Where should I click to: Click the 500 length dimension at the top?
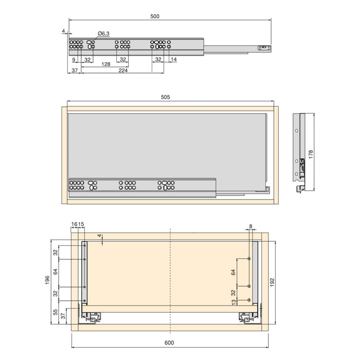coord(155,16)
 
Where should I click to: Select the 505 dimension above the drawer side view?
coord(165,97)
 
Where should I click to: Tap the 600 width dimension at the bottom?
coord(170,343)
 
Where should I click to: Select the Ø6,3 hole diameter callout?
coord(104,33)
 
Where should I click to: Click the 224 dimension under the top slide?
coord(123,70)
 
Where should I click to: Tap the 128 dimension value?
coord(105,64)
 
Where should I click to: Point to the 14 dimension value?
coord(174,60)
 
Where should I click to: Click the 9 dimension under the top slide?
coord(74,60)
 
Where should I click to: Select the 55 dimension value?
coord(56,312)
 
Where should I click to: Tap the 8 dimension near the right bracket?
coord(250,226)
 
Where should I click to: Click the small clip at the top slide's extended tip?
coord(263,47)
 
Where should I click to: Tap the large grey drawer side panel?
coord(165,144)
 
